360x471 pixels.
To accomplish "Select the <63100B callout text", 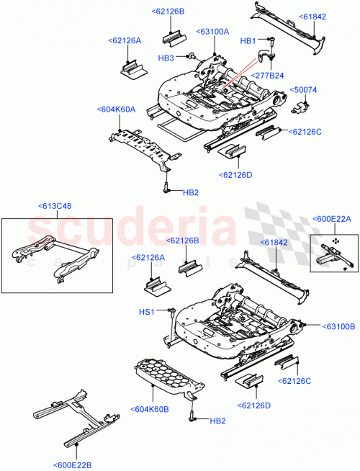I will (336, 326).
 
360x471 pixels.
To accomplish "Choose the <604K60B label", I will (150, 410).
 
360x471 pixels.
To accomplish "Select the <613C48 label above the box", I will (55, 206).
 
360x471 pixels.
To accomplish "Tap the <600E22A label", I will (331, 219).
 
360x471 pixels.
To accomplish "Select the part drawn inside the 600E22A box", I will (333, 252).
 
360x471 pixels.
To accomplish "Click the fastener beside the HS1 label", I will (173, 310).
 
